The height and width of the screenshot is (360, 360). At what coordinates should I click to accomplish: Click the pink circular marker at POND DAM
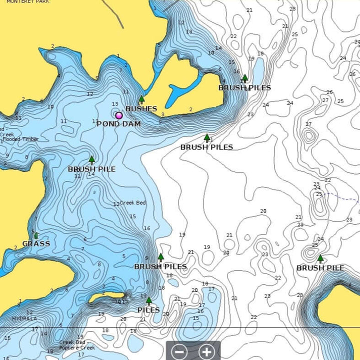tap(119, 115)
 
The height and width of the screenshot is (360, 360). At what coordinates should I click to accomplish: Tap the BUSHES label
tap(141, 108)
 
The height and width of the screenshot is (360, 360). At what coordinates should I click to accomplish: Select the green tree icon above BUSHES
tap(141, 99)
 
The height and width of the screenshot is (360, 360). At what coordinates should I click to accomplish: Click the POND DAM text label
tap(118, 123)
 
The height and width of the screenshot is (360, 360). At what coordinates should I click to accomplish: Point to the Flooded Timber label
tap(20, 139)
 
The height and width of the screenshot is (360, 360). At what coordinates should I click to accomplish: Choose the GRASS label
tap(36, 244)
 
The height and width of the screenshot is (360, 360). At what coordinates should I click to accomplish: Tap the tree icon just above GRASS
tap(35, 235)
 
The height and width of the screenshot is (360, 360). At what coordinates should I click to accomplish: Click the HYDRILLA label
tap(24, 318)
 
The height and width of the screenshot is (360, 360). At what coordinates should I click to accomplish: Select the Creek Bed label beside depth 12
tap(133, 202)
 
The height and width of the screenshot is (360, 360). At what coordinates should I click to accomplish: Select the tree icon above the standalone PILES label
tap(148, 301)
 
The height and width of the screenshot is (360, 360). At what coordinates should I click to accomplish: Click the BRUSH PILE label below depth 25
tap(320, 268)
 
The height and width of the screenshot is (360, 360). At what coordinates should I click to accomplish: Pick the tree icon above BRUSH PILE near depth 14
tap(91, 160)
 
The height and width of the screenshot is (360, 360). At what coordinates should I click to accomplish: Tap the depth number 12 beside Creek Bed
tap(116, 204)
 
